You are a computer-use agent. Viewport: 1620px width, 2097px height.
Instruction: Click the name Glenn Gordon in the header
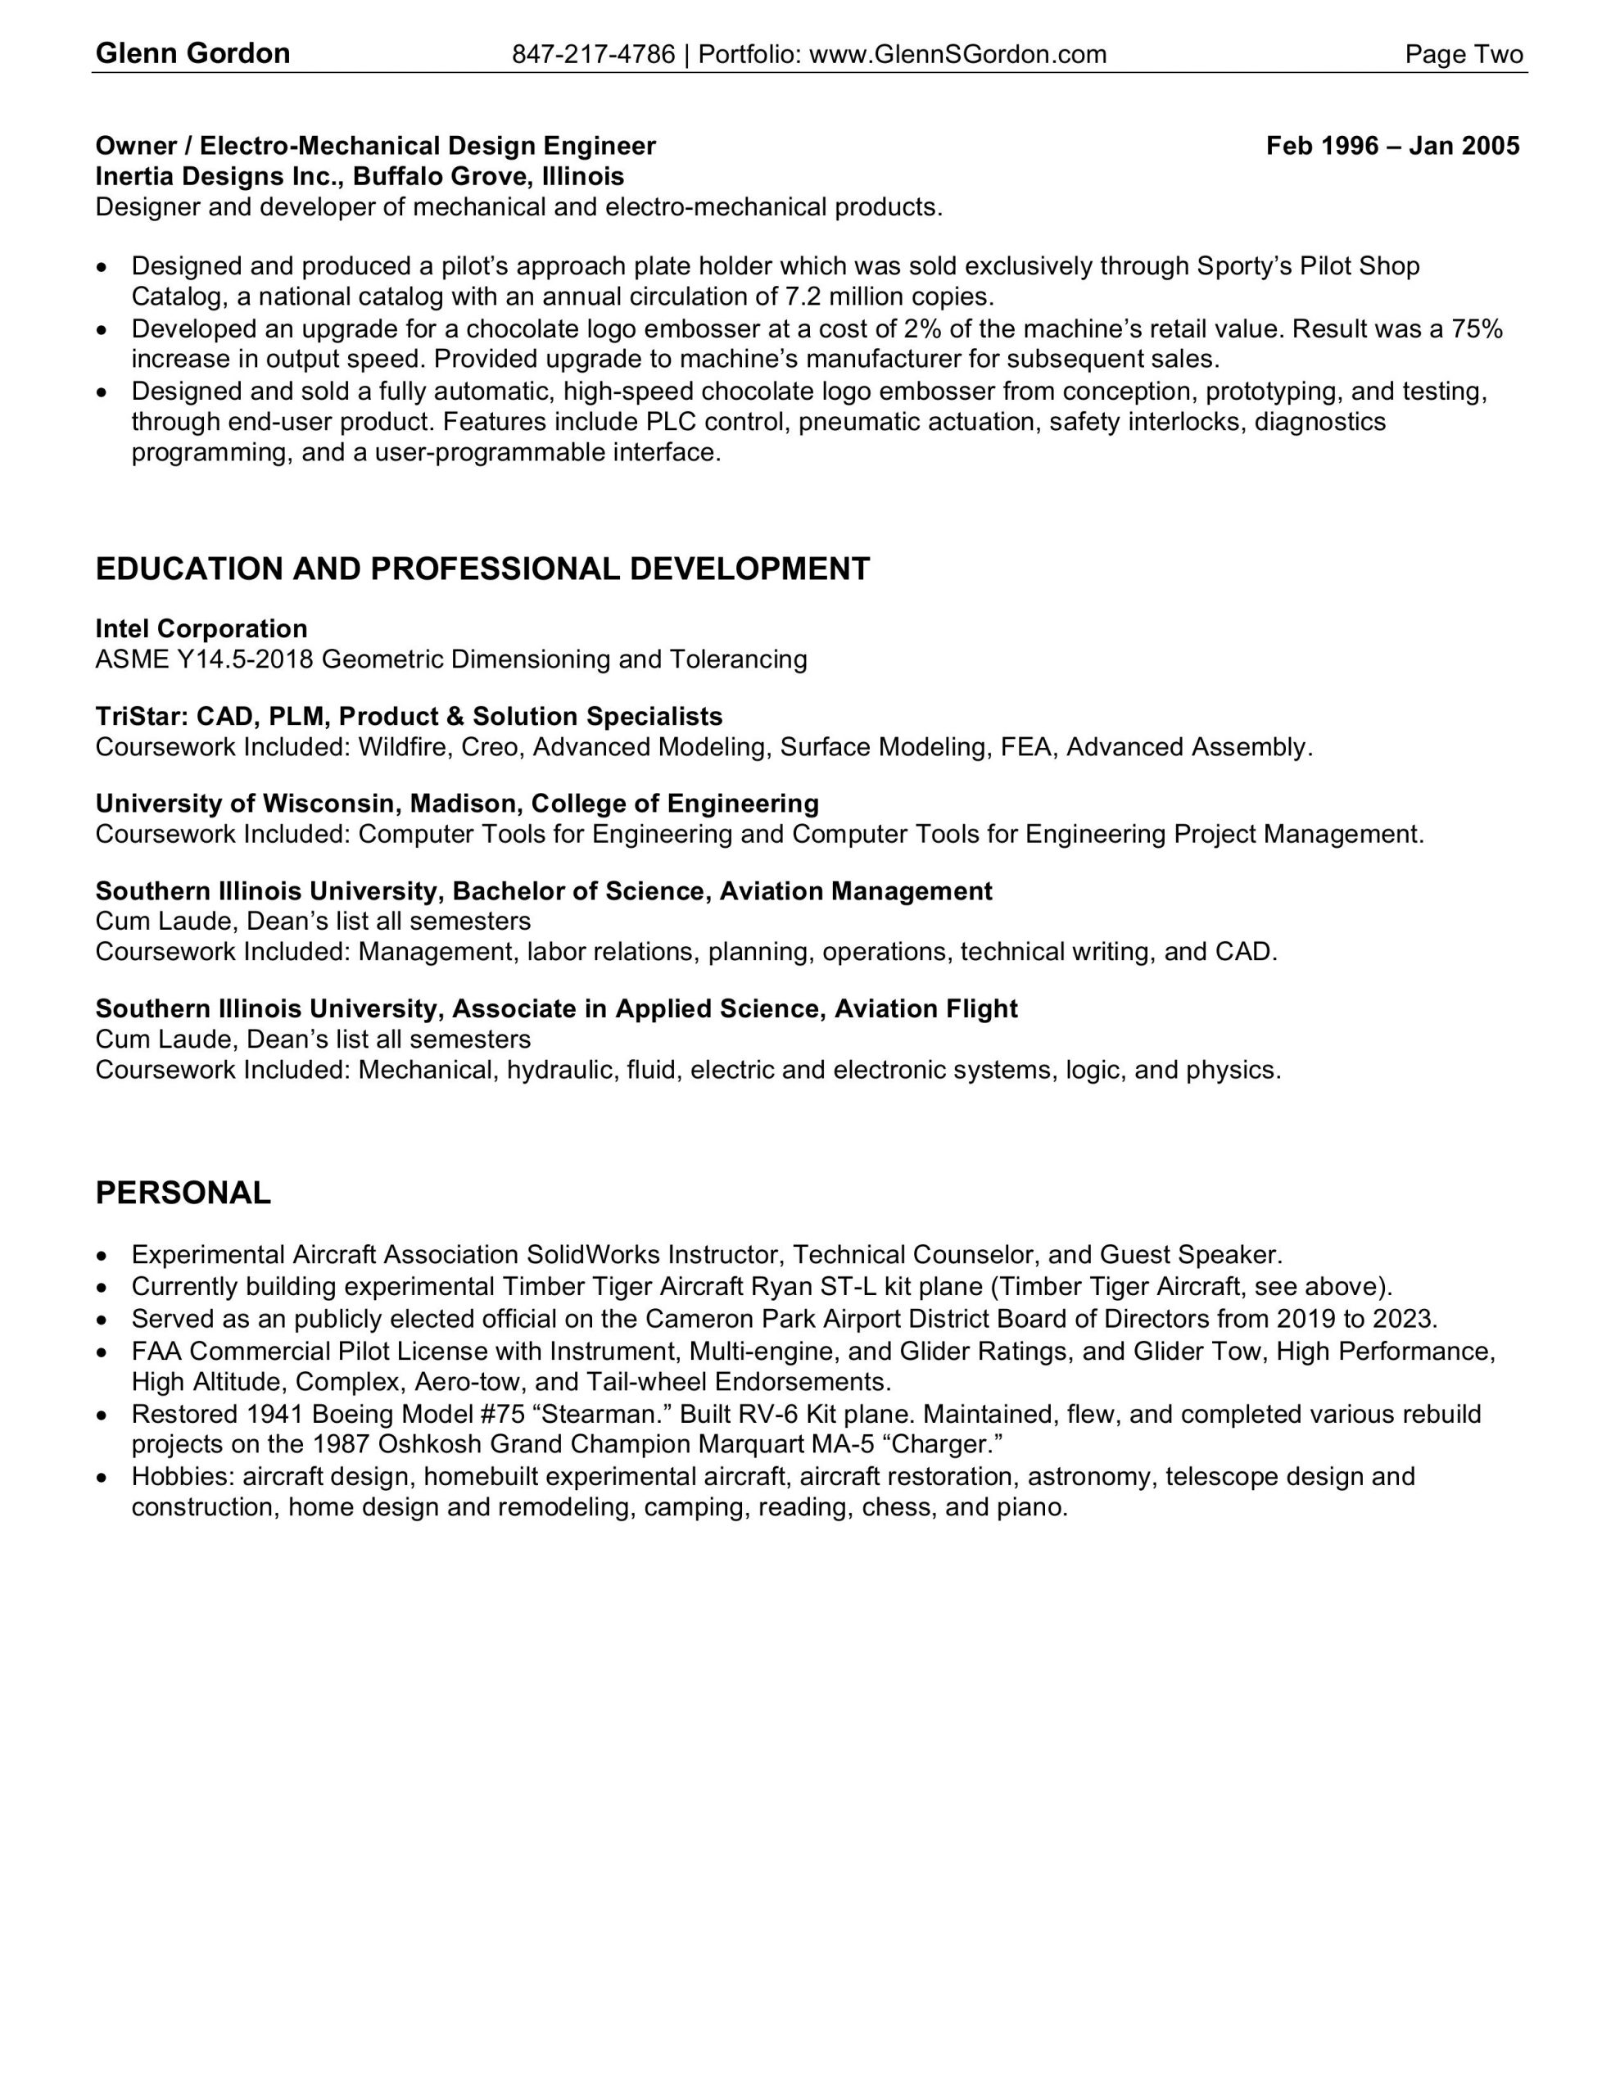point(192,54)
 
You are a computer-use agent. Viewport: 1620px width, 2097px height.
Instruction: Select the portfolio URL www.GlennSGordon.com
point(957,55)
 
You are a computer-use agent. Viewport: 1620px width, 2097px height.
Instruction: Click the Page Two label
point(1464,55)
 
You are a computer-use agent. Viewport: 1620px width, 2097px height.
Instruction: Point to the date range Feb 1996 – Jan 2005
point(1391,146)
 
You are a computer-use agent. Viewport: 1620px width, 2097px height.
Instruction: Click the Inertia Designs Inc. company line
point(360,177)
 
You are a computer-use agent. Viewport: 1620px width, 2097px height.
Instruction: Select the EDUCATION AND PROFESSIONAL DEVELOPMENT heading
point(482,569)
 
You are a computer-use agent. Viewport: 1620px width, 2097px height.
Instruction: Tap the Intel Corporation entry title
point(201,629)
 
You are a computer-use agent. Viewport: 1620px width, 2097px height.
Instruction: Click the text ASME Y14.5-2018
point(205,659)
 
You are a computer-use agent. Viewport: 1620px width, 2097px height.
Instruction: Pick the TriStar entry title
point(408,716)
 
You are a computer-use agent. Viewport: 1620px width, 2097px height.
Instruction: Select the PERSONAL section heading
point(183,1193)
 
